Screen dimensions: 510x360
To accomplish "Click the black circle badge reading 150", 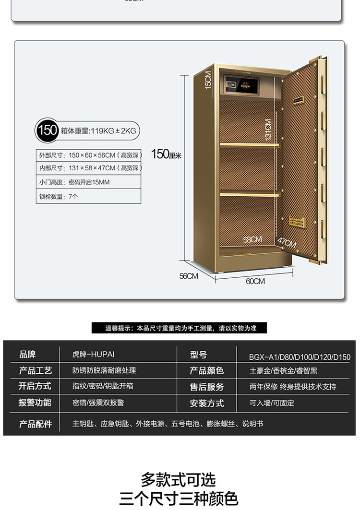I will coord(48,130).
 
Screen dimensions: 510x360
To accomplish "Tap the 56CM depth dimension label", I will coord(189,276).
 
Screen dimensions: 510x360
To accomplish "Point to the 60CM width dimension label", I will coord(255,281).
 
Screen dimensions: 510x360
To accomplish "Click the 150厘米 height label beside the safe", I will coord(166,154).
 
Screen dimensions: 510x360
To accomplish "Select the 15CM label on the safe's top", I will coord(208,80).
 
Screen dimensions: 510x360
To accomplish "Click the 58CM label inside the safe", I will coord(252,239).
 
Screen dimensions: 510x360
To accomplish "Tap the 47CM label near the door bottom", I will coord(287,242).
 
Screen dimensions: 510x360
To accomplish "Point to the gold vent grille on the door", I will coord(297,223).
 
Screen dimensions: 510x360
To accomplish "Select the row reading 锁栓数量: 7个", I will coord(89,196).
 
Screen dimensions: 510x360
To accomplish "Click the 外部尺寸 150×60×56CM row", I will coord(89,155).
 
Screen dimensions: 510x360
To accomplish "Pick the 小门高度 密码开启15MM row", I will coord(89,182).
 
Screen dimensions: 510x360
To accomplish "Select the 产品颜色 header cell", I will coord(206,371).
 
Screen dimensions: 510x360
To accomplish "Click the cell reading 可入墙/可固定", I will coord(272,403).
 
